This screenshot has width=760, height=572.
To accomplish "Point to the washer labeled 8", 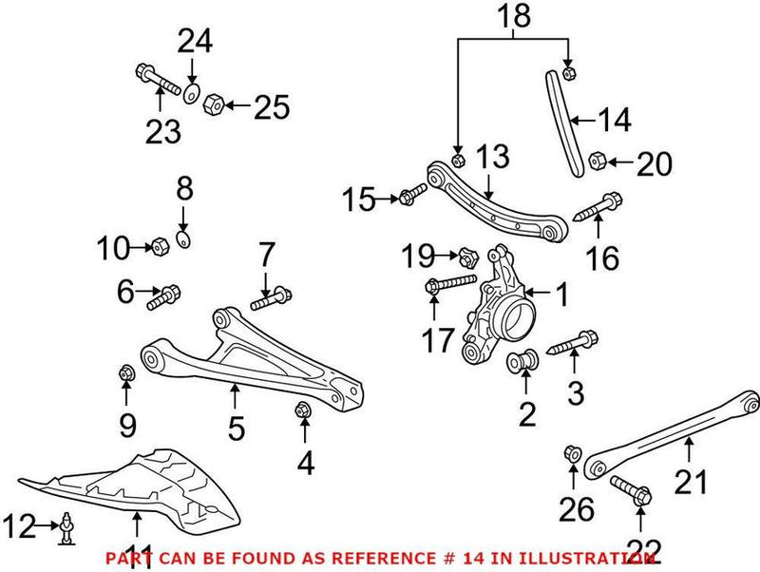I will (183, 238).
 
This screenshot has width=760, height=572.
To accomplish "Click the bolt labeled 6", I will (163, 297).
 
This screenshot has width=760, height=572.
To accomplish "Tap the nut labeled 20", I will (598, 160).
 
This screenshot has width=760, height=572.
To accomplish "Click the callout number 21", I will (691, 483).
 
